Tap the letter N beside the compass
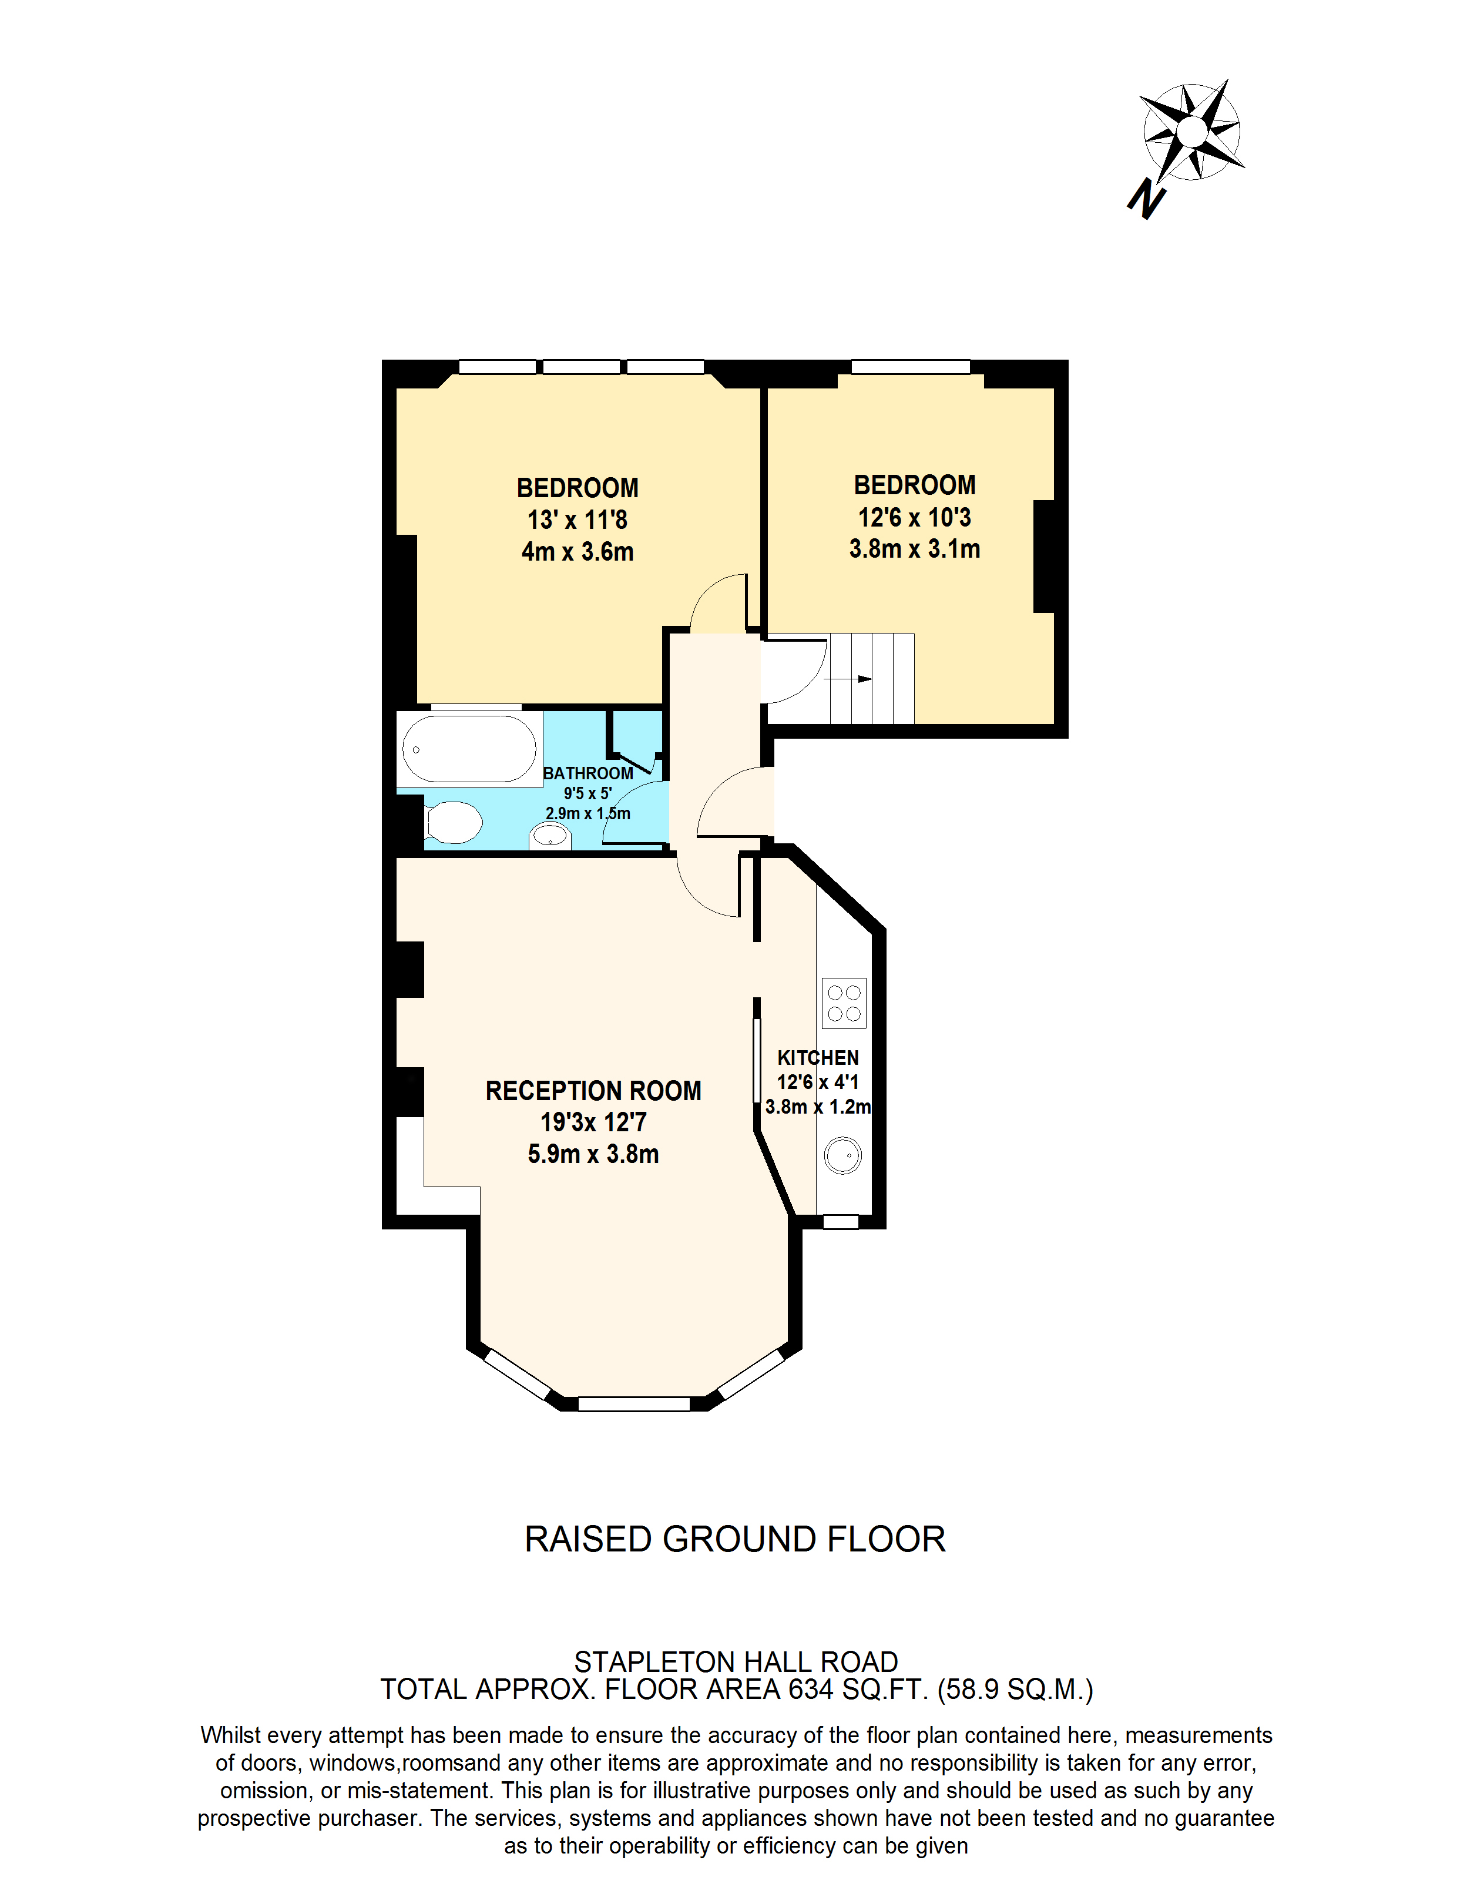1147,199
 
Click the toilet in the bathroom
454,822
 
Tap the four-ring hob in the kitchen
844,1003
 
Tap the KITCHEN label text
818,1057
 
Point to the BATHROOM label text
588,773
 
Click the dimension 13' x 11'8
578,520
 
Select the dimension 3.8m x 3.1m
914,549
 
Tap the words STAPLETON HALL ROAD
736,1662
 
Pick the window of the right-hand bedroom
910,367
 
